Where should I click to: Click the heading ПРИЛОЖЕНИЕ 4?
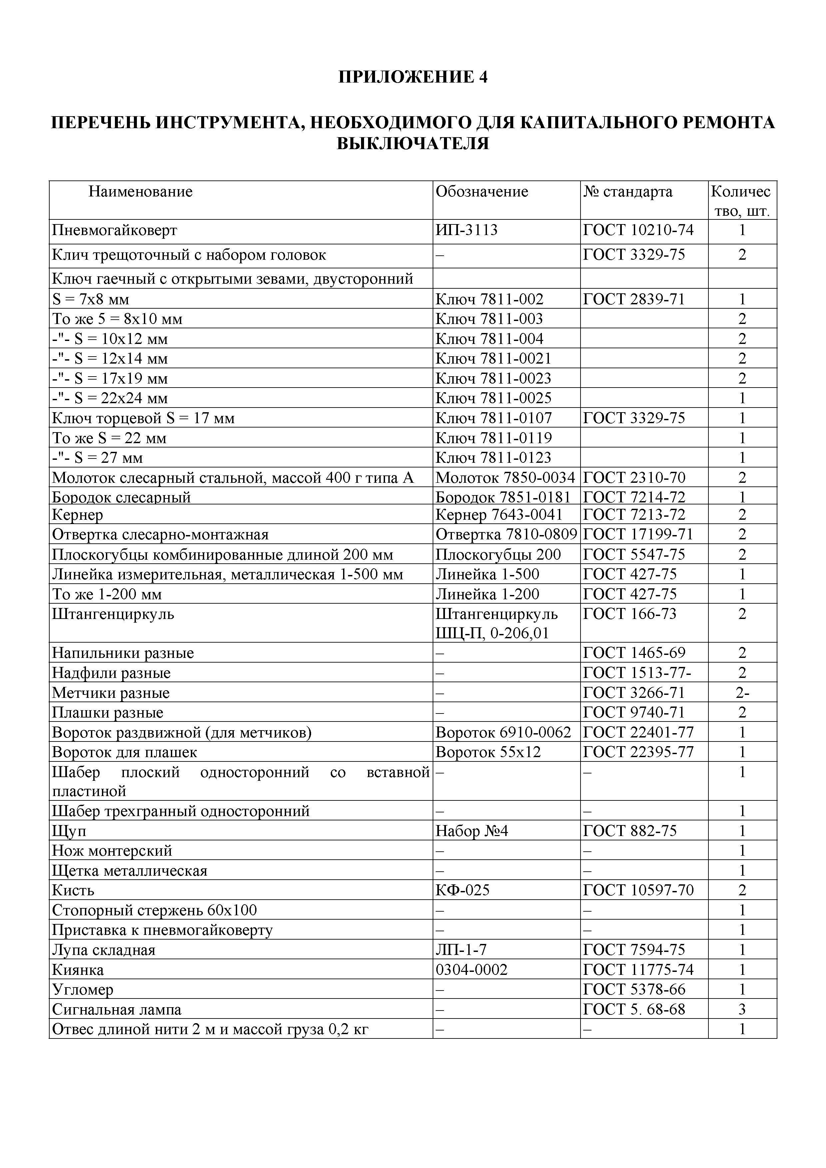tap(413, 77)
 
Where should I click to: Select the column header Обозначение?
tap(482, 192)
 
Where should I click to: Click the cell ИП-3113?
tap(466, 230)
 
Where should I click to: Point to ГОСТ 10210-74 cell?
tap(638, 230)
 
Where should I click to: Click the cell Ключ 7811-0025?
tap(493, 398)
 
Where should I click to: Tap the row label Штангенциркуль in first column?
tap(113, 615)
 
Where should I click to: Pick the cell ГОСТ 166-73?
tap(629, 615)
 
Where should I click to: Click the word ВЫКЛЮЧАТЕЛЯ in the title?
tap(413, 144)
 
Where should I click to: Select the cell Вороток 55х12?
tap(488, 752)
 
